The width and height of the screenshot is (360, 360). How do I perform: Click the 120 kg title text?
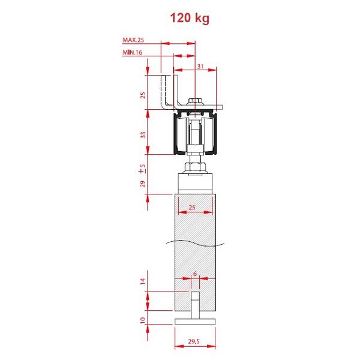[190, 18]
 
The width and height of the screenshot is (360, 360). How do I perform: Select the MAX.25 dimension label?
[133, 40]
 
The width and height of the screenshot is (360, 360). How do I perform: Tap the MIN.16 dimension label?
[132, 52]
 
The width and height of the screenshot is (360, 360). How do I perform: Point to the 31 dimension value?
[200, 67]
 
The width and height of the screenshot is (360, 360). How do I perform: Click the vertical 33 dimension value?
[143, 135]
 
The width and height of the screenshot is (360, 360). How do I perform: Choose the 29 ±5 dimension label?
[143, 176]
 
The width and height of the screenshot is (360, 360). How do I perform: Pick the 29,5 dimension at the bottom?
[194, 341]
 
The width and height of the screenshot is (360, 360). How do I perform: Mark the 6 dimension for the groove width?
[195, 274]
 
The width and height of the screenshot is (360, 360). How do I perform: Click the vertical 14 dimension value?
[143, 281]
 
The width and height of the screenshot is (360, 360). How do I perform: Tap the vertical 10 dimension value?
[143, 320]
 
